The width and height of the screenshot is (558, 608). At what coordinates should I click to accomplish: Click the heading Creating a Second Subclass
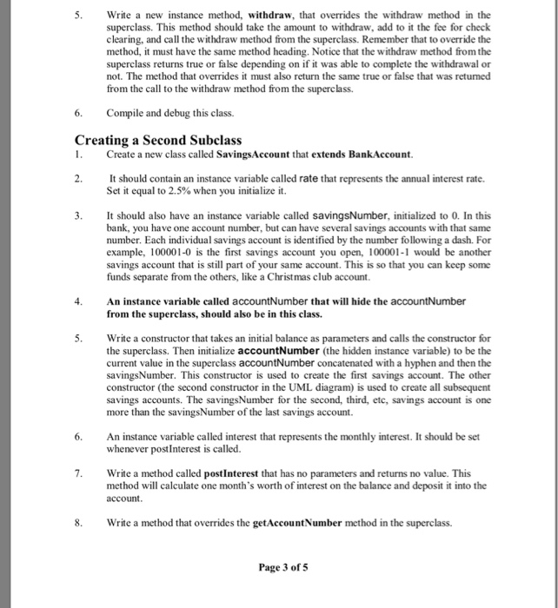point(158,139)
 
